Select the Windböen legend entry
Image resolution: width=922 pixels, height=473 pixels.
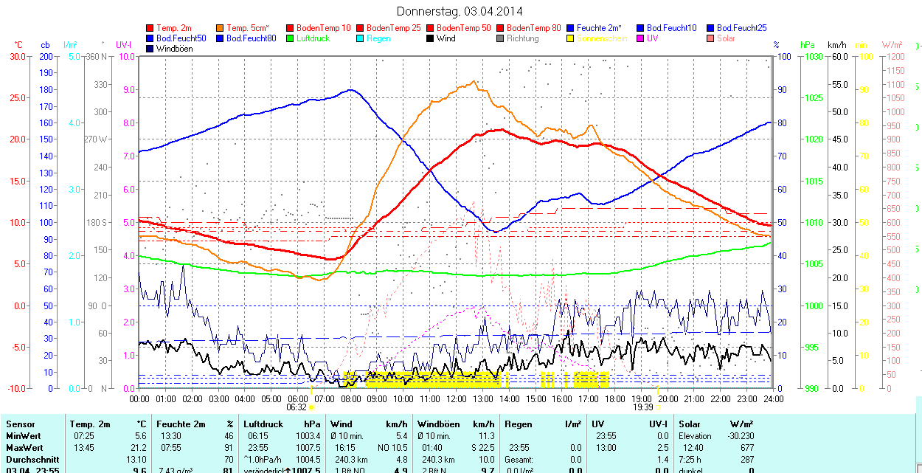(174, 49)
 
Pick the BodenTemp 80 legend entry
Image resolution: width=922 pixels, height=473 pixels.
(534, 28)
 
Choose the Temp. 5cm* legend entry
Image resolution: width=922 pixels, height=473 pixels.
(246, 28)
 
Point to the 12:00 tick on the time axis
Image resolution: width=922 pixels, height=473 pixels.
(456, 399)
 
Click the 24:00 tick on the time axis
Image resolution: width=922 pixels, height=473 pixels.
(772, 399)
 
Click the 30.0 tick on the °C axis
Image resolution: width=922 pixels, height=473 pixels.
(18, 57)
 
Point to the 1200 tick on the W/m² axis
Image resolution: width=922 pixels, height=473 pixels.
(894, 57)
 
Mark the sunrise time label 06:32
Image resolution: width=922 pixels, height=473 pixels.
(296, 407)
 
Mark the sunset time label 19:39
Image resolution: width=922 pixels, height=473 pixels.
(643, 407)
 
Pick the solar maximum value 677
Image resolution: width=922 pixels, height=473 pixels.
(747, 448)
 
